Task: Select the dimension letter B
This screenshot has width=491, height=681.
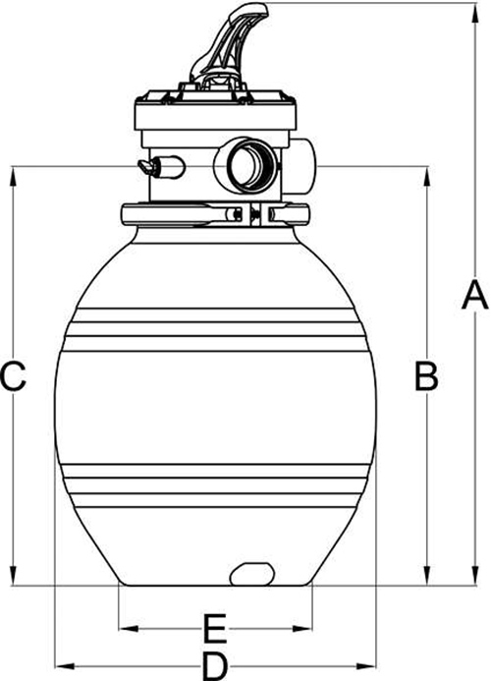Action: (425, 374)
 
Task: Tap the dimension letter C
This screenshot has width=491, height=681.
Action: (13, 374)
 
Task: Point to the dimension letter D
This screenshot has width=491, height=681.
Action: (214, 665)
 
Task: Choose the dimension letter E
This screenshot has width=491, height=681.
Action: (214, 626)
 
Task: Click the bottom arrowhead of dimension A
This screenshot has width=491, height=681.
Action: (474, 579)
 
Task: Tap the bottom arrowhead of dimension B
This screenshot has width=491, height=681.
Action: (426, 579)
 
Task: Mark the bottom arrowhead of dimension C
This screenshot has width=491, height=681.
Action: (14, 579)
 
